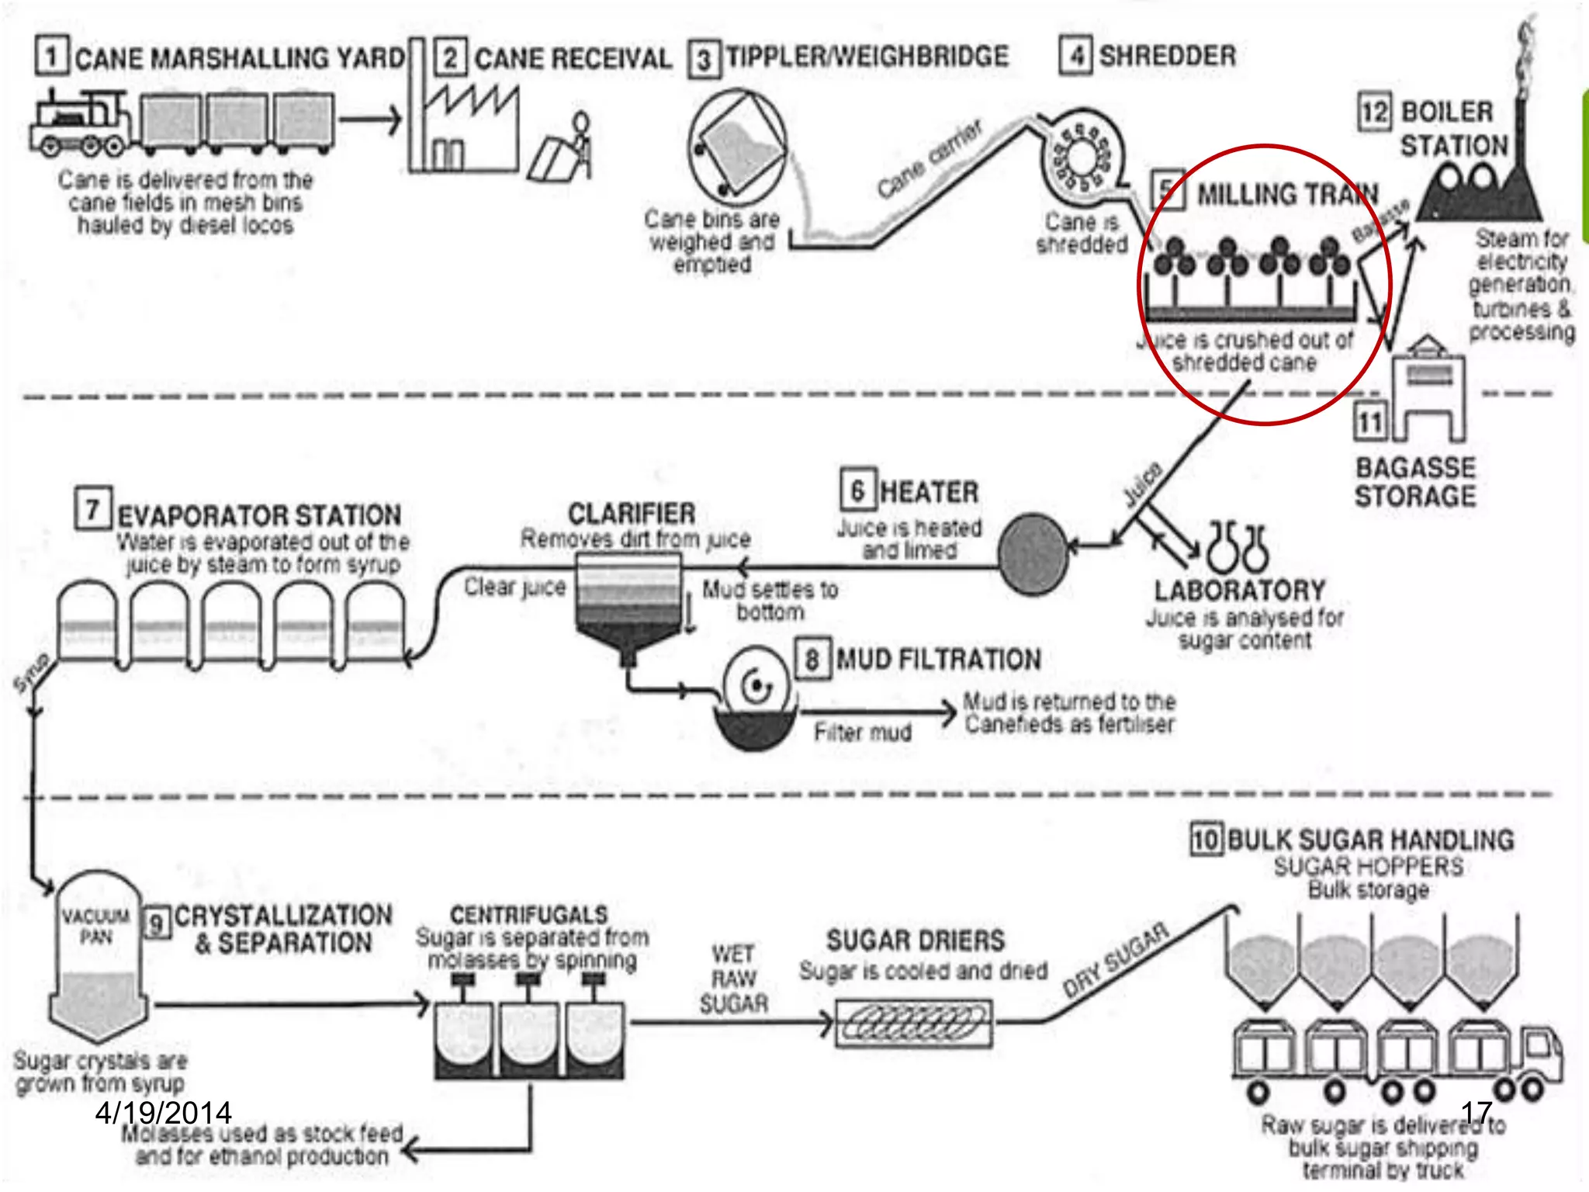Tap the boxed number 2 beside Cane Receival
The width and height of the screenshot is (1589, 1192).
tap(450, 58)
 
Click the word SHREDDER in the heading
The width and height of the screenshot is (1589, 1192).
tap(1168, 56)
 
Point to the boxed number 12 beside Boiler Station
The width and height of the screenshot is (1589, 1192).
tap(1374, 113)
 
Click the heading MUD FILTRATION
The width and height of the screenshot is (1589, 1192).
tap(938, 660)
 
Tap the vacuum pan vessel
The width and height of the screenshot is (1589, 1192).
tap(98, 962)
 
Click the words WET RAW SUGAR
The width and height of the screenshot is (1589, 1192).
tap(732, 979)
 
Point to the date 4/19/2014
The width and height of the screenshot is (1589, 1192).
tap(163, 1113)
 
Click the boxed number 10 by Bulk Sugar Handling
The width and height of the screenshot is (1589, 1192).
tap(1206, 840)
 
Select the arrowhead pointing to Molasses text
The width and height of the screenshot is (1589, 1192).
tap(412, 1149)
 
